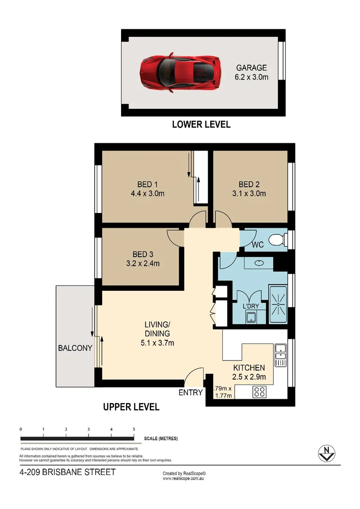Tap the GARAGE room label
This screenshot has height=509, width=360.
[x=252, y=68]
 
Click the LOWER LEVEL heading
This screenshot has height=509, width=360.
[x=201, y=125]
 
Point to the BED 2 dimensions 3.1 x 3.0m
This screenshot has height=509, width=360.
[x=252, y=193]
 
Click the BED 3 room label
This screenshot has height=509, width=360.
[x=143, y=254]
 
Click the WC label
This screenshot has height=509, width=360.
[x=257, y=245]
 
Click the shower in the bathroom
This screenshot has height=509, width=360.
[x=278, y=304]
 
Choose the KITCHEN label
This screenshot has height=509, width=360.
[x=249, y=368]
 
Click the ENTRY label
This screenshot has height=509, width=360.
[x=190, y=393]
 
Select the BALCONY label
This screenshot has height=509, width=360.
[x=75, y=348]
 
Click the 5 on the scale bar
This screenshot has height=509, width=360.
[x=134, y=429]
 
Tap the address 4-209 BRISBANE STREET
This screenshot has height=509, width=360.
[x=67, y=472]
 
